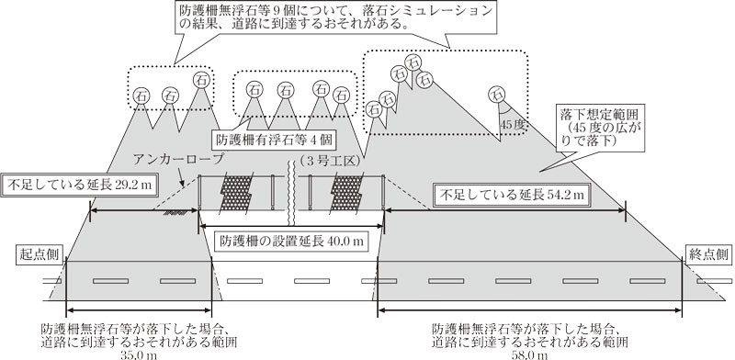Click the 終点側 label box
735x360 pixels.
tap(706, 254)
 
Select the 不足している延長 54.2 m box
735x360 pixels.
tap(511, 195)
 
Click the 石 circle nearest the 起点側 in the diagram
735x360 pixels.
tap(141, 94)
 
